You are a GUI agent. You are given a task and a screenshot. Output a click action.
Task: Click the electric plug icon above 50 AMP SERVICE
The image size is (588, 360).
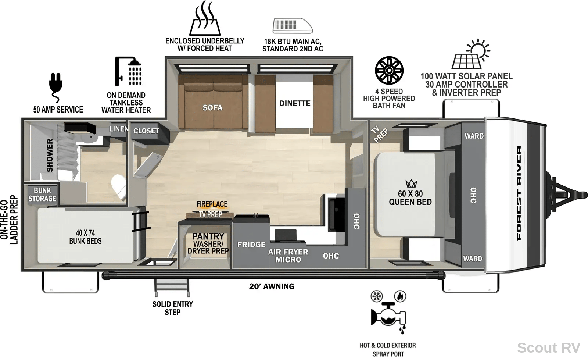click(x=55, y=88)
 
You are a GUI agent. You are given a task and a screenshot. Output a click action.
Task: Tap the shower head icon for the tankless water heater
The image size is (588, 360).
click(x=128, y=71)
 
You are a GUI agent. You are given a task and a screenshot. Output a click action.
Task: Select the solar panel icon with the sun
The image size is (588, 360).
click(x=471, y=54)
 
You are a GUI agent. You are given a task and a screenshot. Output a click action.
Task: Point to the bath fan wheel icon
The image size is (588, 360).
click(x=389, y=70)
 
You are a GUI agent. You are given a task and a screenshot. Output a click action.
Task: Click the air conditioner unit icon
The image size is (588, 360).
click(x=293, y=26)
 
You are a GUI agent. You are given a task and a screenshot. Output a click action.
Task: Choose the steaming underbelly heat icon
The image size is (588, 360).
click(x=205, y=18)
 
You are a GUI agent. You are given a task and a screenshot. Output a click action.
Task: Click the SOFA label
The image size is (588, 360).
click(x=212, y=108)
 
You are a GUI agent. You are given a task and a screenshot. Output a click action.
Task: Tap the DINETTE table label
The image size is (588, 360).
click(x=294, y=103)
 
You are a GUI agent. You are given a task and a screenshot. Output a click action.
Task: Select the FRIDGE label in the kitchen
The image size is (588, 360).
click(x=251, y=245)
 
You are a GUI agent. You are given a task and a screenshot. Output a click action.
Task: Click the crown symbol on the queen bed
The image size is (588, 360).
click(x=411, y=183)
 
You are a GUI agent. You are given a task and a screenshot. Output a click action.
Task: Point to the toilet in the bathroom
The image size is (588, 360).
click(x=119, y=186)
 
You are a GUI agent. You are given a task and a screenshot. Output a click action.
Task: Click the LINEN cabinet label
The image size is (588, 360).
click(x=119, y=129)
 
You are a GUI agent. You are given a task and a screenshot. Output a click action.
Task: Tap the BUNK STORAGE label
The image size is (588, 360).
click(x=42, y=194)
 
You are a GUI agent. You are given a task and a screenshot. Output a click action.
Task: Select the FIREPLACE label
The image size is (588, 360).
click(x=212, y=204)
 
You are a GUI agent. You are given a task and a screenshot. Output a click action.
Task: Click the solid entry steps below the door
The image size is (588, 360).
click(x=172, y=288)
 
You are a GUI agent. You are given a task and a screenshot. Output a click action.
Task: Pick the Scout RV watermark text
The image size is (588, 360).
click(x=549, y=348)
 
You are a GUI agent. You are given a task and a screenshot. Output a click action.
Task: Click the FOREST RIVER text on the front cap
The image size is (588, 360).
click(x=519, y=193)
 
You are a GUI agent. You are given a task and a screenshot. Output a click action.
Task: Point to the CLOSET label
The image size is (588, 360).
click(x=146, y=131)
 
